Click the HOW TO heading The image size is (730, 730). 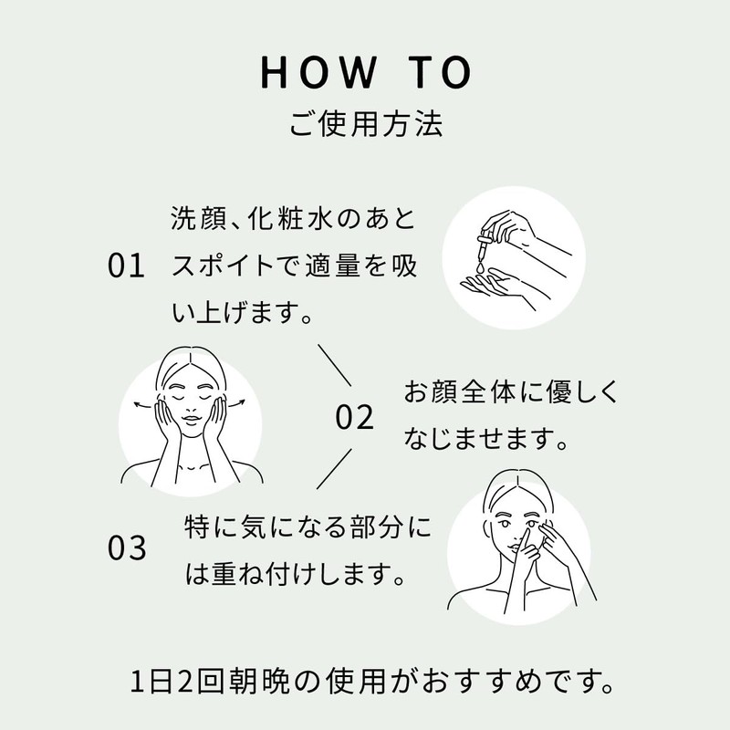pos(365,72)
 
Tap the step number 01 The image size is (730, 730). pos(126,266)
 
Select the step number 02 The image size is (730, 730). pos(355,418)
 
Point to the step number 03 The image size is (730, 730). pos(126,549)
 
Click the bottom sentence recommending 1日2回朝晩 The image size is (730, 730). pos(365,681)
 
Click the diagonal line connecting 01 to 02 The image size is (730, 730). pos(334,364)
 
